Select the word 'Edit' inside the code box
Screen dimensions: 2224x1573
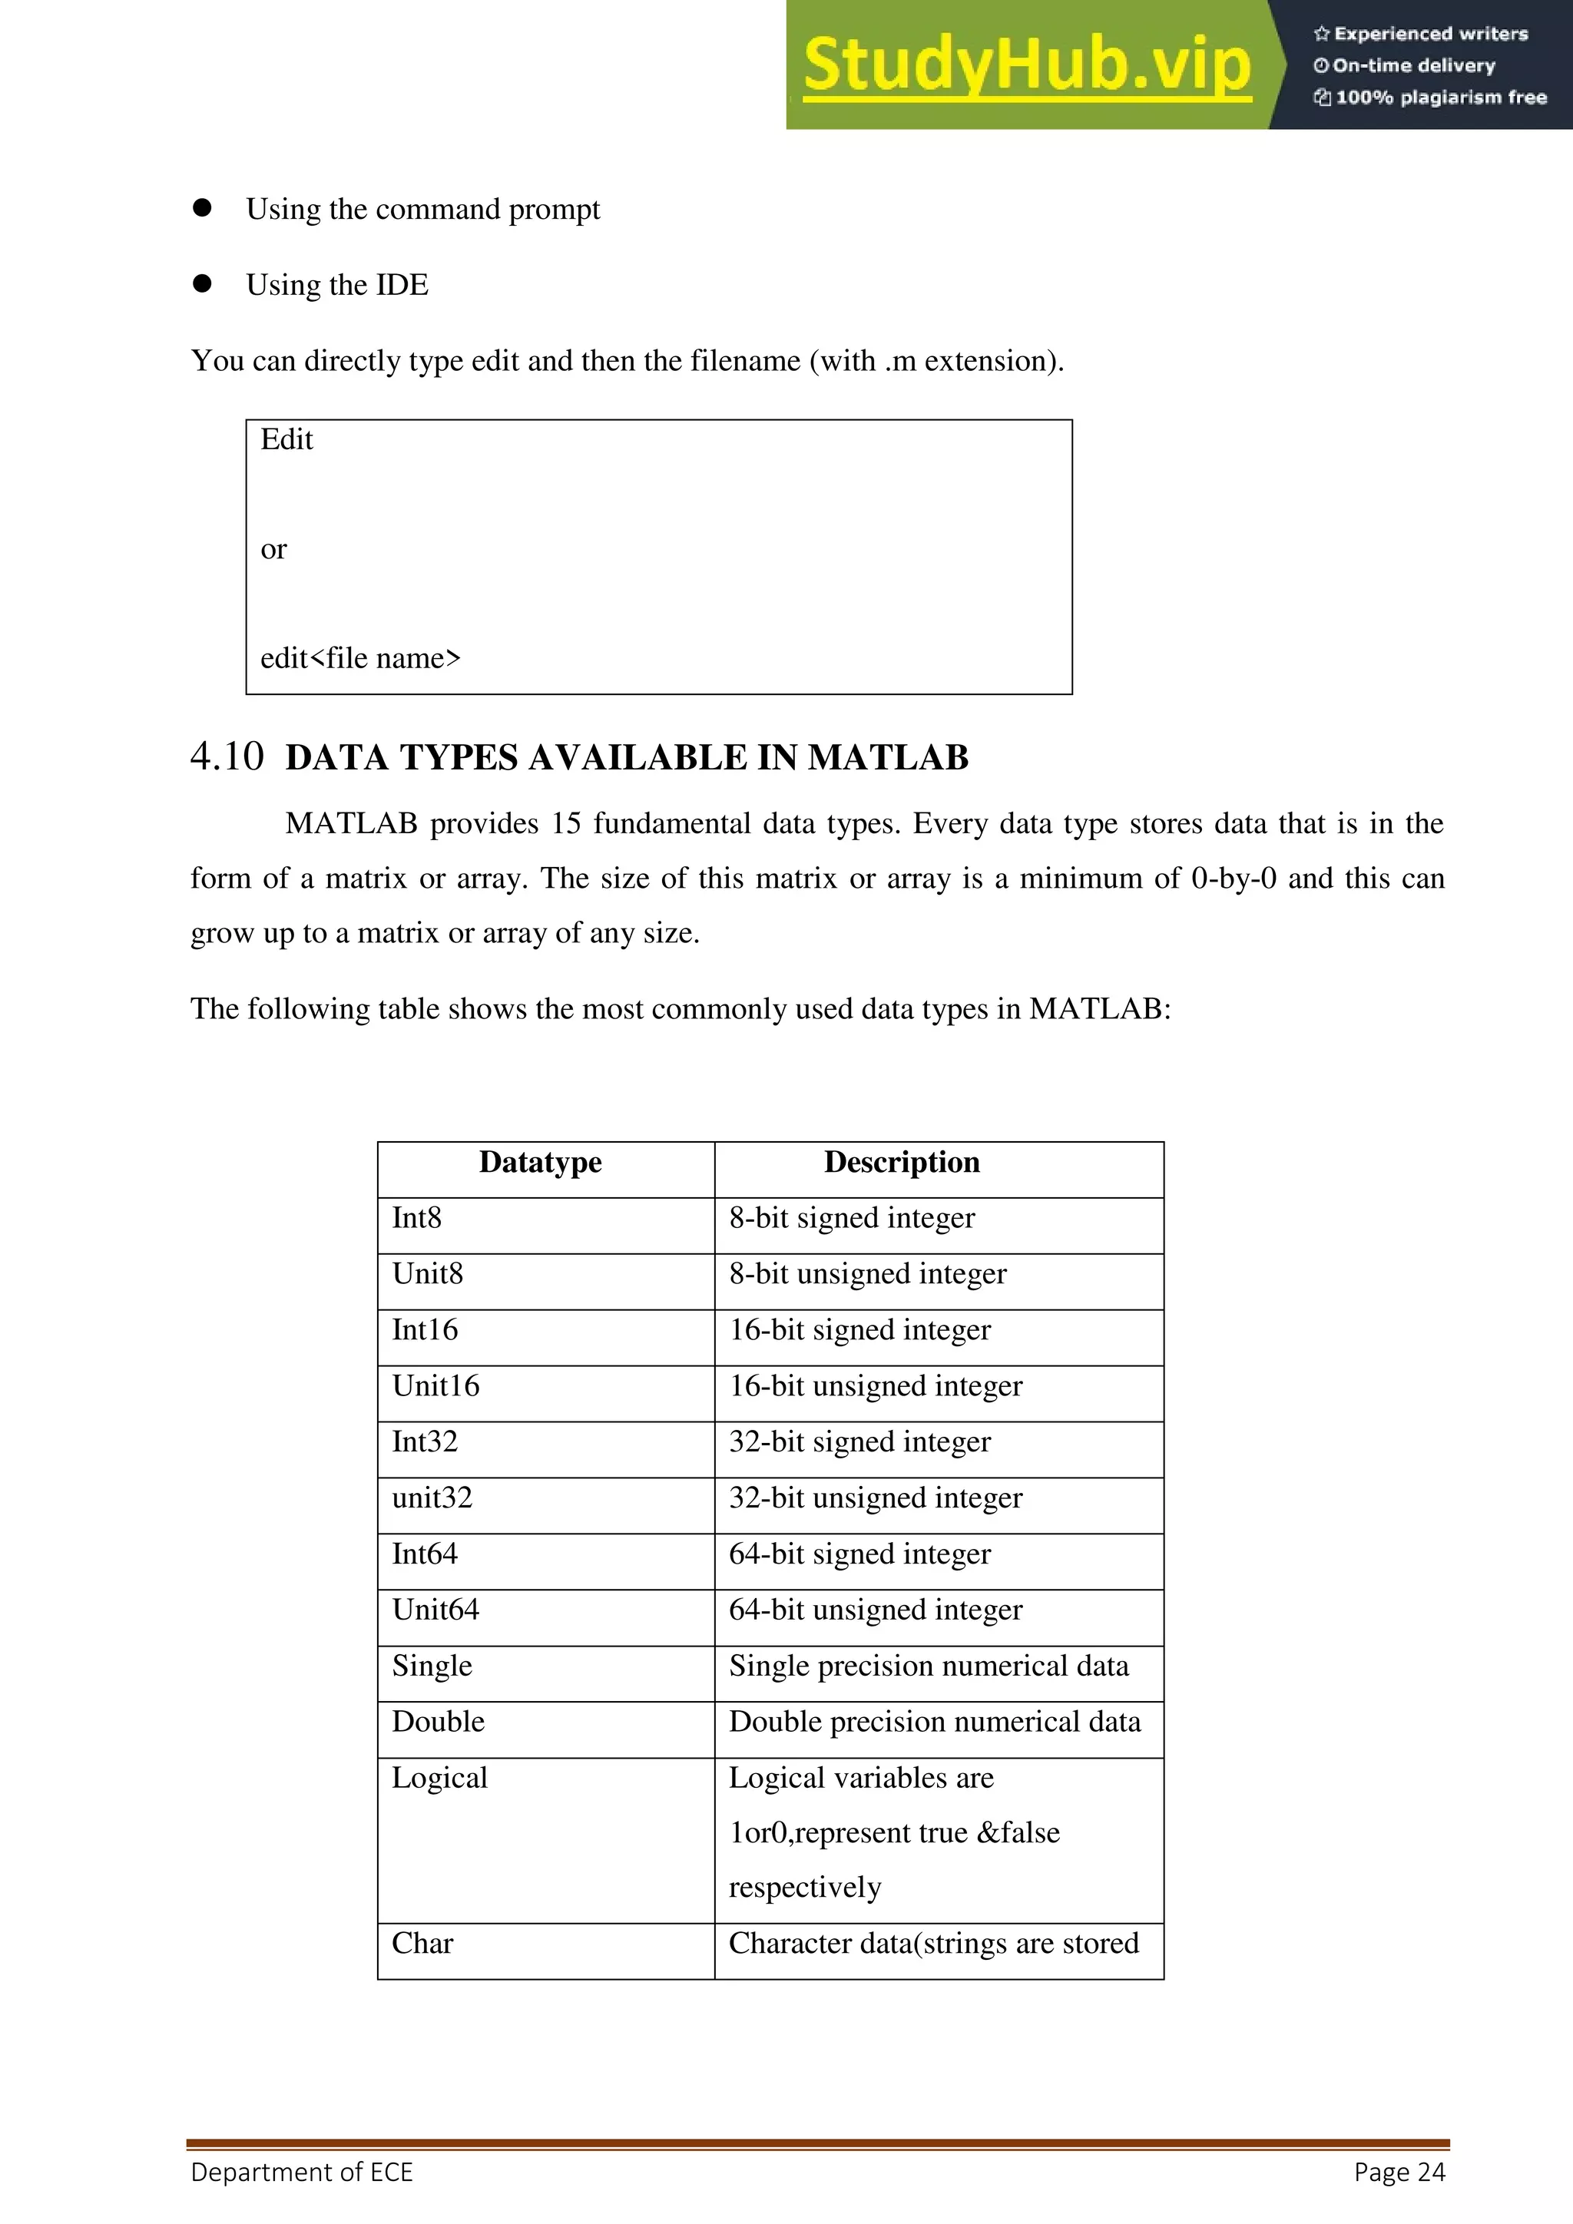[286, 440]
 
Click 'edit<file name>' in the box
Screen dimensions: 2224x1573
[360, 659]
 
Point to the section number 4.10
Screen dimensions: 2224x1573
[227, 756]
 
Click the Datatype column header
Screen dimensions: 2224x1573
[541, 1163]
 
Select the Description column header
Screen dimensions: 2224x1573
[902, 1163]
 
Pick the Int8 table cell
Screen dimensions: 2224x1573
[416, 1219]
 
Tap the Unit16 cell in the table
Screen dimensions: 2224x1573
[435, 1386]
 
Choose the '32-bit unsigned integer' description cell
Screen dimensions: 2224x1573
[876, 1498]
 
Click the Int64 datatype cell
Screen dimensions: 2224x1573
[424, 1554]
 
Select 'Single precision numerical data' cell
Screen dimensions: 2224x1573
[929, 1666]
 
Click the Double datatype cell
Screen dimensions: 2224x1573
[438, 1723]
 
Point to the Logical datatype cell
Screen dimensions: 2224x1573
[440, 1779]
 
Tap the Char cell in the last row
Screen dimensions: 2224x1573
[422, 1944]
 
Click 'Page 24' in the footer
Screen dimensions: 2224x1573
[1399, 2173]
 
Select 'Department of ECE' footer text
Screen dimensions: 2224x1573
[301, 2173]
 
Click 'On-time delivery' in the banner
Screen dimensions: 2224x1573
[1413, 66]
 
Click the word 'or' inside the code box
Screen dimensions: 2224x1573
[274, 549]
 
